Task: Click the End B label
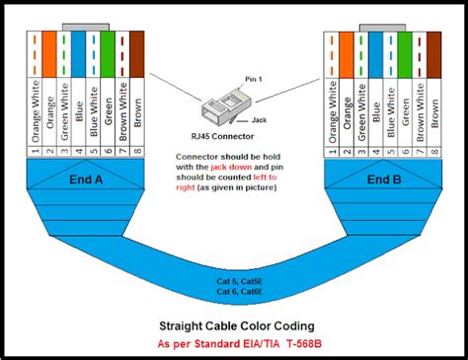(x=383, y=180)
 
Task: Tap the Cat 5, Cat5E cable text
(x=233, y=281)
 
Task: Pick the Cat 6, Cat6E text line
(x=233, y=292)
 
